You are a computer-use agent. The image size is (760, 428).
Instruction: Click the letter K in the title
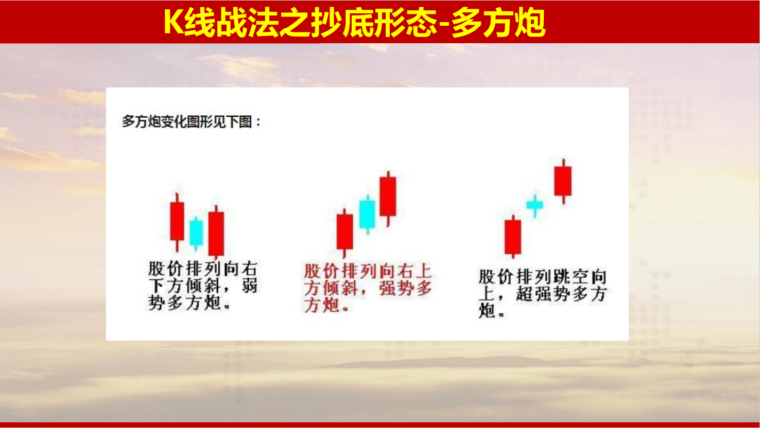coord(174,22)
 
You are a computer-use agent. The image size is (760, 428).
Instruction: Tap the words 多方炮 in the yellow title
coord(498,22)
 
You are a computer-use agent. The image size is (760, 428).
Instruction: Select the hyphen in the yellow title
coord(445,24)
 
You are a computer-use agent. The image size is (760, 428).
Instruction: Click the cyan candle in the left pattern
coord(196,233)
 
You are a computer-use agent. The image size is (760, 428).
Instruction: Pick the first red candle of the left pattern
coord(177,222)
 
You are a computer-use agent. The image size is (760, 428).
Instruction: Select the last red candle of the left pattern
coord(216,232)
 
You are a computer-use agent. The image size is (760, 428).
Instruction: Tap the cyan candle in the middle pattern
coord(368,214)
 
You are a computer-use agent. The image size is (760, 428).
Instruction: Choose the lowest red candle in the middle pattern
coord(344,233)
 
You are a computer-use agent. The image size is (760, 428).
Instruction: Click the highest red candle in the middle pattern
coord(388,198)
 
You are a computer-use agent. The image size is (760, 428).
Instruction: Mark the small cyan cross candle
coord(534,205)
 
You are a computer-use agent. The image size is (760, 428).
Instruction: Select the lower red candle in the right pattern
coord(513,237)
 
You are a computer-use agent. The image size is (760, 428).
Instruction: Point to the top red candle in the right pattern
coord(563,181)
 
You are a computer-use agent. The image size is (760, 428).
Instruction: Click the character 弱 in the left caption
coord(249,286)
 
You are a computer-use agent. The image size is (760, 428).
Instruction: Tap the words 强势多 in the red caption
coord(405,289)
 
